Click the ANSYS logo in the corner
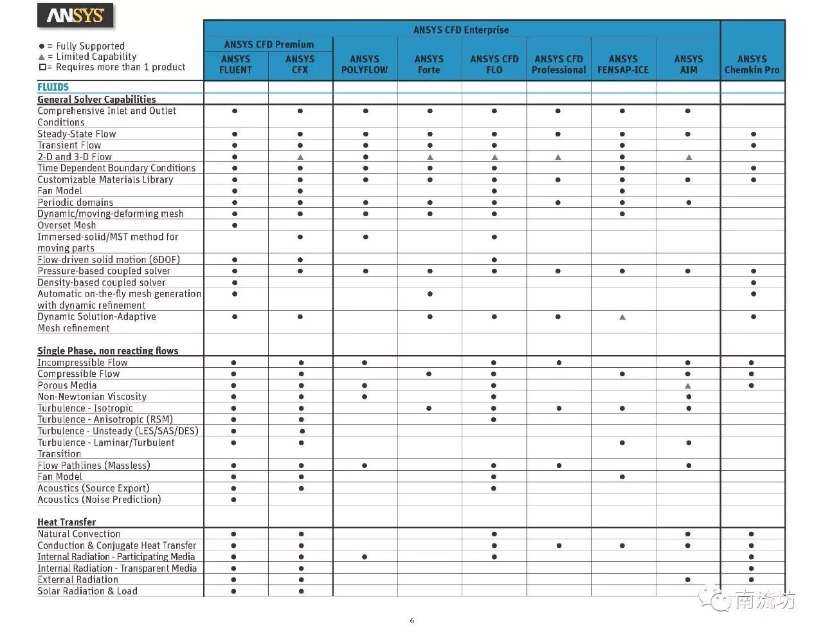75,15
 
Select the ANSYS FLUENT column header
235,64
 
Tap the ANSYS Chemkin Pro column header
752,64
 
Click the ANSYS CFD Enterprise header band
461,30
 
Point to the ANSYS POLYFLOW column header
365,64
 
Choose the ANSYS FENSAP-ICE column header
623,64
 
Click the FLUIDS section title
53,87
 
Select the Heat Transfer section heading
66,522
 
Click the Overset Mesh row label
66,225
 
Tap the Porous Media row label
67,385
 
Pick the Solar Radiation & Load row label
87,591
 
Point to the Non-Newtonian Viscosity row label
92,397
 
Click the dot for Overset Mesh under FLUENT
235,226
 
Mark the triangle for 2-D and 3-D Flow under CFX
300,157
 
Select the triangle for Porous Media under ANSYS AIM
688,386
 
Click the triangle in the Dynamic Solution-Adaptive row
622,317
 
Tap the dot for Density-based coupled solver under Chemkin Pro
753,283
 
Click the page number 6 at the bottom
412,621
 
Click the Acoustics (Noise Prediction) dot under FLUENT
233,500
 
